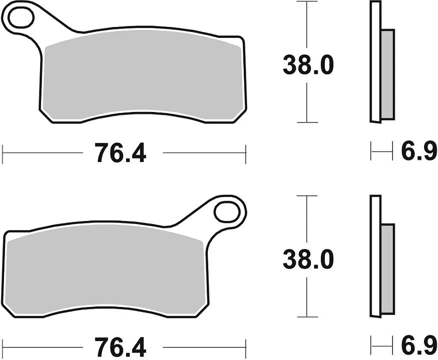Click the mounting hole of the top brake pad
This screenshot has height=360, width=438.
pyautogui.click(x=21, y=18)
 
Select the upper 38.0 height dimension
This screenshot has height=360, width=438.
pyautogui.click(x=307, y=65)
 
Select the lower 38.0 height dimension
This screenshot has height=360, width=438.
pyautogui.click(x=307, y=259)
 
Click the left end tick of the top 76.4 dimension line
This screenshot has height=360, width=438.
pyautogui.click(x=3, y=154)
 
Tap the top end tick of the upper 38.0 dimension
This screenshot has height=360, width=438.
pyautogui.click(x=307, y=2)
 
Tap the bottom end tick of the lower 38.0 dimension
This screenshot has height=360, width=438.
pyautogui.click(x=307, y=316)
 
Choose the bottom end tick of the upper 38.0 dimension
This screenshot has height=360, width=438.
pyautogui.click(x=307, y=122)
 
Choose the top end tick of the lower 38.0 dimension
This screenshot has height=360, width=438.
pyautogui.click(x=307, y=196)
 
